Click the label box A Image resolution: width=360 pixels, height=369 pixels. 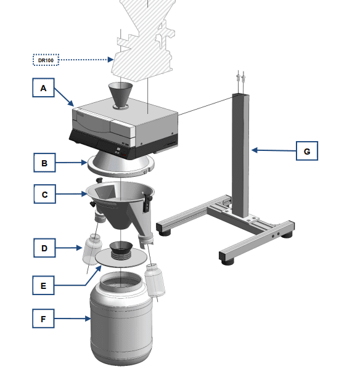pos(43,87)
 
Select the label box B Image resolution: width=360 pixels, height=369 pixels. pos(44,163)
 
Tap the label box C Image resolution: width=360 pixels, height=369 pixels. pos(45,194)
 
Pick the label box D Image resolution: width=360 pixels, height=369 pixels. pos(44,248)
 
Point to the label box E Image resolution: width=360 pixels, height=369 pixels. pos(43,285)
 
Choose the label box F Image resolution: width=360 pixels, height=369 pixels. pos(43,318)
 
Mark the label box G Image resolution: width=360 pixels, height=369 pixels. pos(307,151)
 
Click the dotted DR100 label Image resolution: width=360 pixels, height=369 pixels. pos(46,60)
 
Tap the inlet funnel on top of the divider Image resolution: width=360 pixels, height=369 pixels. pos(121,95)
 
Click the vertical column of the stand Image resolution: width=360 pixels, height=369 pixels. pos(240,155)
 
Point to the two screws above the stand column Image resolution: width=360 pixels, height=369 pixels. pos(240,77)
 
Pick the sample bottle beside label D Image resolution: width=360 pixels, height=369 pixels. pos(92,249)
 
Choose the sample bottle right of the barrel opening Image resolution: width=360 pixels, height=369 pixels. pos(155,280)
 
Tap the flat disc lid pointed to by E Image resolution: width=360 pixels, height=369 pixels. pos(121,258)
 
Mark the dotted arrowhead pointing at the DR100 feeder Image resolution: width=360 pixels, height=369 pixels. pos(110,60)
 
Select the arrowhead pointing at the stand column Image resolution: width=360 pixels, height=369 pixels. pos(255,150)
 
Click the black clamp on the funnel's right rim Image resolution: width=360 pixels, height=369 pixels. pos(147,202)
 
